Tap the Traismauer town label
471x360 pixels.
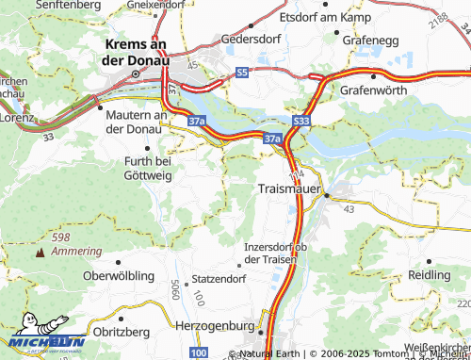tap(289, 189)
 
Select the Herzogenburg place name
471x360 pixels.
tap(216, 325)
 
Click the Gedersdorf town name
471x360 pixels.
tap(252, 41)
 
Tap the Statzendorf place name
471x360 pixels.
tap(219, 279)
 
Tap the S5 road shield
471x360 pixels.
tap(243, 72)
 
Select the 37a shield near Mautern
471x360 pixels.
tap(196, 121)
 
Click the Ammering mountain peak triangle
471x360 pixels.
tap(40, 253)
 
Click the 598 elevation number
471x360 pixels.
tap(62, 237)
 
